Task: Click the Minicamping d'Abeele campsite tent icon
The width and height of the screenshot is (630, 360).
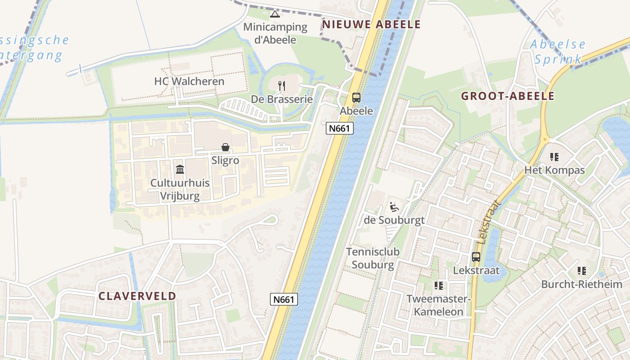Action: (274, 14)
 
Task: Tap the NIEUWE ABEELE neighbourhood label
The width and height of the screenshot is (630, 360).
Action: (371, 24)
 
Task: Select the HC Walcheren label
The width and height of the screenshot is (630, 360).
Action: (189, 81)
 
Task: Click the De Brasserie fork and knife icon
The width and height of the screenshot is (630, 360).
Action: (282, 85)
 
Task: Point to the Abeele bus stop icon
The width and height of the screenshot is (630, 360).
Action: (356, 97)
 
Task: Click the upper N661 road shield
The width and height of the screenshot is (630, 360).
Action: (340, 128)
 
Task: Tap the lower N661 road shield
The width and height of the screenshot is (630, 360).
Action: (284, 299)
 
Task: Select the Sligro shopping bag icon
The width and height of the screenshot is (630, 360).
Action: (225, 147)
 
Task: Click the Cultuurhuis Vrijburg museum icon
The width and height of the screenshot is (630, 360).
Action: (180, 169)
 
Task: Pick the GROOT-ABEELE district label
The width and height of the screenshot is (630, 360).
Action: (508, 96)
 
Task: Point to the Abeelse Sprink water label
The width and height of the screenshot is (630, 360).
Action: (558, 52)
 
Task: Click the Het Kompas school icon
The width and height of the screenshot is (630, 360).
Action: (554, 157)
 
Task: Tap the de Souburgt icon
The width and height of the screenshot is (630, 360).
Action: (394, 207)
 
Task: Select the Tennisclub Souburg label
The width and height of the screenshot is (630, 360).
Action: (373, 258)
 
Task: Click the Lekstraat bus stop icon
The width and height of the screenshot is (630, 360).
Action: (476, 257)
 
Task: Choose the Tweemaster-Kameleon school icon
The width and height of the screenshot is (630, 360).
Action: (439, 285)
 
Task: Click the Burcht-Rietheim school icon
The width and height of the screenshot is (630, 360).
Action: (582, 271)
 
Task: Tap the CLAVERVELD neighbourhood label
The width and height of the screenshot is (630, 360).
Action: (137, 296)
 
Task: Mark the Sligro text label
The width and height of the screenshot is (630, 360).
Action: (225, 160)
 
